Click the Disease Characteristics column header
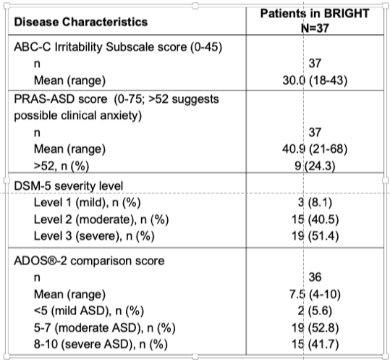point(81,22)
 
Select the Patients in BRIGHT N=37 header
point(315,21)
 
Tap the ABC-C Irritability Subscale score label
point(118,47)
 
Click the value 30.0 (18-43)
point(315,80)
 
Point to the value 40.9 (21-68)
point(315,149)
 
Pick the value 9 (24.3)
point(315,166)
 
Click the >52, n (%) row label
point(62,166)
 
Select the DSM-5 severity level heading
point(69,186)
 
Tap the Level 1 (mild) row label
point(88,202)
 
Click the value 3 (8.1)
point(315,202)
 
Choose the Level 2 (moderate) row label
point(101,219)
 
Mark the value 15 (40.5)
point(315,219)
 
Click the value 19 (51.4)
point(315,236)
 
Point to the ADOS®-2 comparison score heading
point(89,261)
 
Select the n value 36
point(315,277)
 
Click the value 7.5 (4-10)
point(315,295)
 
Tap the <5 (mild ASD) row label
point(89,311)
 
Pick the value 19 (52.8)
point(315,328)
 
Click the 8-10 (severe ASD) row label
point(101,344)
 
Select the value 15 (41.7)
point(315,344)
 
